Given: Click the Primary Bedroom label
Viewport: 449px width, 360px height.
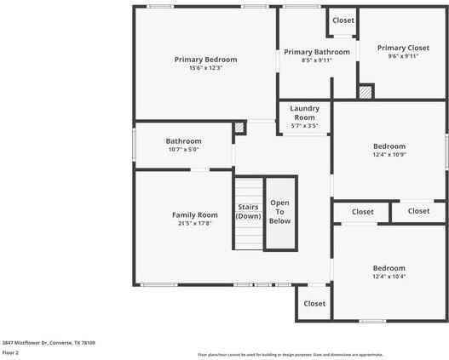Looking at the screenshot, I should [x=205, y=60].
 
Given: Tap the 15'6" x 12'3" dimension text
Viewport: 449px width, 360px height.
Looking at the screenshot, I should [x=205, y=68].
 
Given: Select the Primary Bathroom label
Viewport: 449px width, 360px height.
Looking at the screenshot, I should [x=317, y=52].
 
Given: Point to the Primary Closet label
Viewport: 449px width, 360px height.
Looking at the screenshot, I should [x=404, y=48].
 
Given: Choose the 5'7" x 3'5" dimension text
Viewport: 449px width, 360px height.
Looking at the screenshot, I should [x=304, y=126].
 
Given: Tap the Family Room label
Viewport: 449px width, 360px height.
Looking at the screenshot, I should [x=195, y=214].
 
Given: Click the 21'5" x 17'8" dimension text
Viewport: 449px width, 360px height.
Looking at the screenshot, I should [x=195, y=224].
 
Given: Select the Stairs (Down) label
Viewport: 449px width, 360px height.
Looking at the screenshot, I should [x=249, y=211].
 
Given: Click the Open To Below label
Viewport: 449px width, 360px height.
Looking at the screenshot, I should [x=280, y=211].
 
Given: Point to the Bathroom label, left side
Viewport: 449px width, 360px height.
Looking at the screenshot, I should [x=183, y=141].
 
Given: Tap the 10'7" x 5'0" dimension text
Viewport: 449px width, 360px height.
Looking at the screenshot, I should [x=183, y=150].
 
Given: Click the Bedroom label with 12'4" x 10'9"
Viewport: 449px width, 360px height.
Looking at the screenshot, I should [x=389, y=146].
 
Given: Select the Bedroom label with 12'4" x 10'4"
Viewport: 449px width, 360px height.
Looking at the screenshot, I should [x=389, y=267].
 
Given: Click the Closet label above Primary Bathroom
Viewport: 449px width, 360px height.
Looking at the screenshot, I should [x=343, y=20].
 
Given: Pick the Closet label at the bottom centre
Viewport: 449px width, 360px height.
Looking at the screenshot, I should [x=314, y=303].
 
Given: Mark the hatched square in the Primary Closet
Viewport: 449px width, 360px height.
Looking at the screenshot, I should [x=366, y=91].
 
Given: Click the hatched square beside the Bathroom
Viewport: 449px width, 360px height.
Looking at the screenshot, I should [x=239, y=129].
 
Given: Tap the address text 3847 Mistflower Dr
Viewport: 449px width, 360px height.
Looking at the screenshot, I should [x=49, y=342].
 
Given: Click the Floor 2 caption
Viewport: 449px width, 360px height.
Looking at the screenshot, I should [x=10, y=351].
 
